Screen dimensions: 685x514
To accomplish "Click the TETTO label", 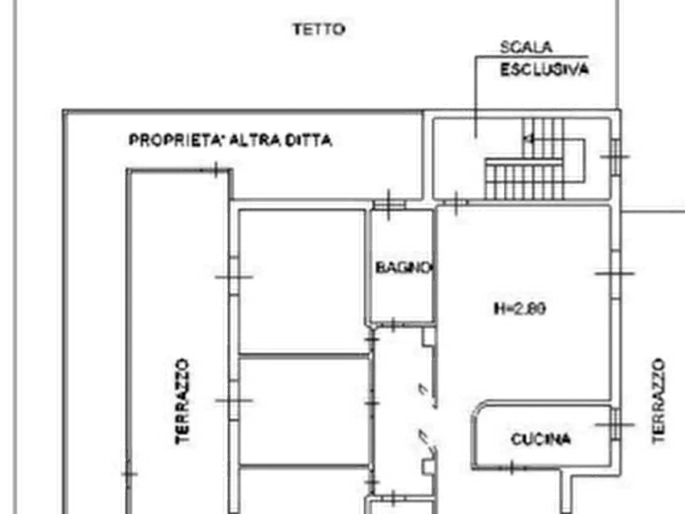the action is point(319,30).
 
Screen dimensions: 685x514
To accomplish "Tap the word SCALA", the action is point(526,48).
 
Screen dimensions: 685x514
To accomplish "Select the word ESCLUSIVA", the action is point(545,70).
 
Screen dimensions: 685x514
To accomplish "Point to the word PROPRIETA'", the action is point(177,140).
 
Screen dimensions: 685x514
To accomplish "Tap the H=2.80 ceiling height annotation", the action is point(520,308).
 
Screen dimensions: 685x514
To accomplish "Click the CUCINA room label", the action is point(541,439).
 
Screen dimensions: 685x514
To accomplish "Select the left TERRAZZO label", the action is point(182,401).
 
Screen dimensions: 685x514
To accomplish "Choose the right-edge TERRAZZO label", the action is point(659,400).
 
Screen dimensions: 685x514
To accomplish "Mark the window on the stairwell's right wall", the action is point(615,157).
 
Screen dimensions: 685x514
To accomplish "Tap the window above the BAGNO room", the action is point(389,205).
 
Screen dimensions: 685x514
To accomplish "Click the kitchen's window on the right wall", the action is point(615,424).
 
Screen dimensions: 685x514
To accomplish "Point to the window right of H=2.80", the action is point(615,274).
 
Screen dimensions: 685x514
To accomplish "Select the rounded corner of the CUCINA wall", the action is point(477,408).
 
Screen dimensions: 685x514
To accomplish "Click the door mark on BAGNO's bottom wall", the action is point(392,325).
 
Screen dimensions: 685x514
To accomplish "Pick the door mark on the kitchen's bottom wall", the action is point(512,468).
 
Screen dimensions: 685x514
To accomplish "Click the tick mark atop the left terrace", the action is point(216,170).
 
